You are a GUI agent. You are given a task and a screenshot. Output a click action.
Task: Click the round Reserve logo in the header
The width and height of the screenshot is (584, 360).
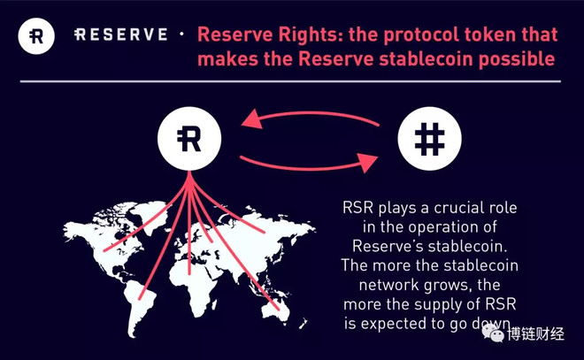coord(36,36)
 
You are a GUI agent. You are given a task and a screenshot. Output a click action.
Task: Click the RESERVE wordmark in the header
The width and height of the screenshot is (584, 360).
coord(121,34)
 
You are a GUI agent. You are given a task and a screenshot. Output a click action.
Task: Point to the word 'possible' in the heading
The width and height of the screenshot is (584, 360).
coord(517,59)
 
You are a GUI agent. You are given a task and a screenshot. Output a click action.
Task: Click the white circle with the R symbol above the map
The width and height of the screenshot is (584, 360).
coord(189,139)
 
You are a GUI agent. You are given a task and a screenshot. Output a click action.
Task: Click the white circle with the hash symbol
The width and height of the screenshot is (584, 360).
coord(429,139)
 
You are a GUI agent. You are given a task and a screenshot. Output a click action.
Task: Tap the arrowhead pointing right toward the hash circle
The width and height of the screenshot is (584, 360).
coord(368,163)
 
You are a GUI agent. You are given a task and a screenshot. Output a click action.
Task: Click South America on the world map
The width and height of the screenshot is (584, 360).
coord(140,303)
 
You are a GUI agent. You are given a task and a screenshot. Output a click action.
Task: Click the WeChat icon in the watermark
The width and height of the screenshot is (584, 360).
coord(493,332)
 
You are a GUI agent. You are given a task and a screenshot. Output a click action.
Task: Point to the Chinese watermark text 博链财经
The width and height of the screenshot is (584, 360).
coord(535,334)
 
